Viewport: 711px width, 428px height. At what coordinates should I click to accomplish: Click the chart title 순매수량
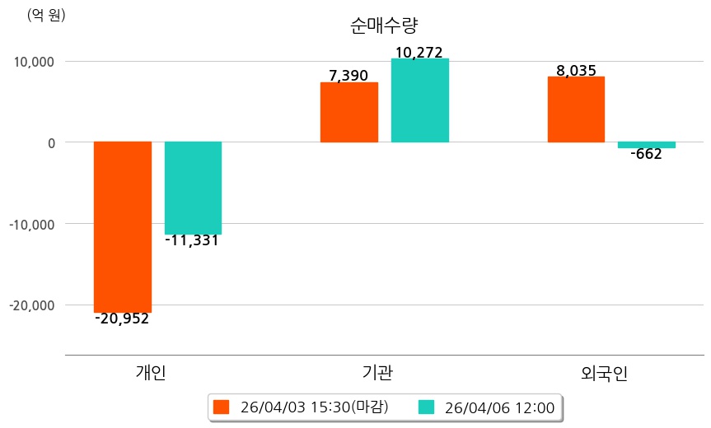pyautogui.click(x=384, y=26)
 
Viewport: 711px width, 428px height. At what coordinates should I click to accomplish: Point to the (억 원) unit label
pyautogui.click(x=46, y=15)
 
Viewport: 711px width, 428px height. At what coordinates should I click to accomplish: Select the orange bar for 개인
pyautogui.click(x=123, y=226)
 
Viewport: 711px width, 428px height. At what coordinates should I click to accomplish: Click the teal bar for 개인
pyautogui.click(x=193, y=188)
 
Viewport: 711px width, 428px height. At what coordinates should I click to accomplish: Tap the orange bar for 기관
pyautogui.click(x=349, y=112)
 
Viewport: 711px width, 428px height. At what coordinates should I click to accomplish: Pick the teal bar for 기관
pyautogui.click(x=420, y=100)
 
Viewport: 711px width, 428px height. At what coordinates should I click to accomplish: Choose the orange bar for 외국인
pyautogui.click(x=577, y=109)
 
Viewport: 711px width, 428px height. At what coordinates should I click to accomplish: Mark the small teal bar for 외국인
pyautogui.click(x=647, y=145)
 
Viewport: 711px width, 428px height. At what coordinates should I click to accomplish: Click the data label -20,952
pyautogui.click(x=122, y=319)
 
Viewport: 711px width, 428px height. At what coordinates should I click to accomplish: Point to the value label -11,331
pyautogui.click(x=192, y=241)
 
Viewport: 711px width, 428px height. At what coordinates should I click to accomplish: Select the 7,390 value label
pyautogui.click(x=348, y=76)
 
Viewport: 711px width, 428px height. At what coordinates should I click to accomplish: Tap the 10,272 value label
pyautogui.click(x=419, y=53)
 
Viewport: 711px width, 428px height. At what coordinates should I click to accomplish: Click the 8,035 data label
pyautogui.click(x=576, y=71)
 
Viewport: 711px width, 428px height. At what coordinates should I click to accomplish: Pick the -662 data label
pyautogui.click(x=646, y=154)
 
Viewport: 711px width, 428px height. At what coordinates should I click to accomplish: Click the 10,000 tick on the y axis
pyautogui.click(x=30, y=62)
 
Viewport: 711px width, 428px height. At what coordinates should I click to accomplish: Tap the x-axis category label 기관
pyautogui.click(x=377, y=373)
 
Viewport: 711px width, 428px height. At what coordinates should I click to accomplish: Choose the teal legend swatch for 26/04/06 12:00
pyautogui.click(x=426, y=407)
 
